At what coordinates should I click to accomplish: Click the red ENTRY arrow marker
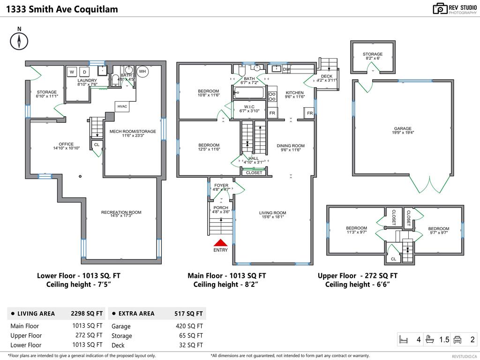tap(220, 242)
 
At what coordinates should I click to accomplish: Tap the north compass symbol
tap(19, 41)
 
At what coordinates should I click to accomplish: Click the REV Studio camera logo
tap(440, 8)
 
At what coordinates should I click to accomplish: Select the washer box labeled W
tap(72, 72)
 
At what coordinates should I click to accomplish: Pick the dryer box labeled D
tap(84, 72)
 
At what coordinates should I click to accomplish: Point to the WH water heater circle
tap(142, 72)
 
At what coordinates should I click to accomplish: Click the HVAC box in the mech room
tap(122, 106)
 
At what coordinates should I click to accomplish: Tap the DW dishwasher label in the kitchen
tap(286, 69)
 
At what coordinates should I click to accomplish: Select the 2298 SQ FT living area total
tap(86, 314)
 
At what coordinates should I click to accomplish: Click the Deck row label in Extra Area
tap(118, 345)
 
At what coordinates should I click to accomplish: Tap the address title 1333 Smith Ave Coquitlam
tap(62, 9)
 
